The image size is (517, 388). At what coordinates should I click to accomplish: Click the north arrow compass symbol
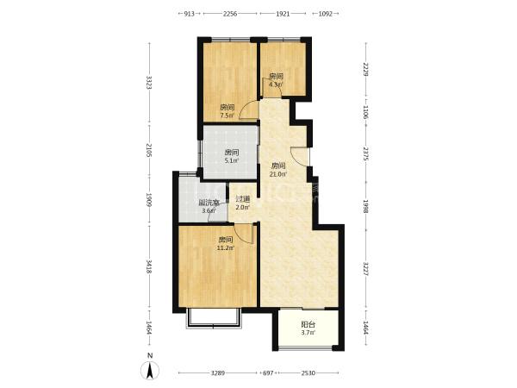click(x=150, y=371)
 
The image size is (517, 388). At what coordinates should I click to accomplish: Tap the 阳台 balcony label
click(x=308, y=324)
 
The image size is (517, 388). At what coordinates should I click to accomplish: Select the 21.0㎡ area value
click(x=277, y=174)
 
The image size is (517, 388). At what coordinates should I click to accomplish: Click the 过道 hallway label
click(x=243, y=199)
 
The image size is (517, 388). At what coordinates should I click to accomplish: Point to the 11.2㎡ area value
click(x=226, y=247)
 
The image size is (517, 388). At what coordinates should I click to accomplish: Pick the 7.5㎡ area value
click(x=227, y=116)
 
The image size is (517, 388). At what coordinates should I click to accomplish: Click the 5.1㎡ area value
click(x=232, y=161)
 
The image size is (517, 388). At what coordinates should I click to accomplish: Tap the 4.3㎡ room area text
click(x=276, y=84)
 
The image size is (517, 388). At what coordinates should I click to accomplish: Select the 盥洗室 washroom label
click(x=209, y=203)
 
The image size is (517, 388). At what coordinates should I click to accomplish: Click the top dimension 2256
click(x=230, y=14)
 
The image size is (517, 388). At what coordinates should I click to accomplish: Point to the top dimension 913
click(x=189, y=14)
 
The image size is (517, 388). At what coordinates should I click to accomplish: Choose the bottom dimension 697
click(x=268, y=373)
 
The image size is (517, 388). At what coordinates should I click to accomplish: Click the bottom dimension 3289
click(x=218, y=373)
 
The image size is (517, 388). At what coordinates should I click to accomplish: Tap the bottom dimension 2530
click(x=308, y=373)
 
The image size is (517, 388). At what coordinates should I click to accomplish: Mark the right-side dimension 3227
click(x=365, y=269)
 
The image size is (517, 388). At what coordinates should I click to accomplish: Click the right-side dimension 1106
click(x=365, y=112)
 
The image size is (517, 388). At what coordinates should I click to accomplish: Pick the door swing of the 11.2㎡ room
click(x=243, y=233)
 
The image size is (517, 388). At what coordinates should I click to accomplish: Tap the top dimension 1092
click(x=326, y=14)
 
